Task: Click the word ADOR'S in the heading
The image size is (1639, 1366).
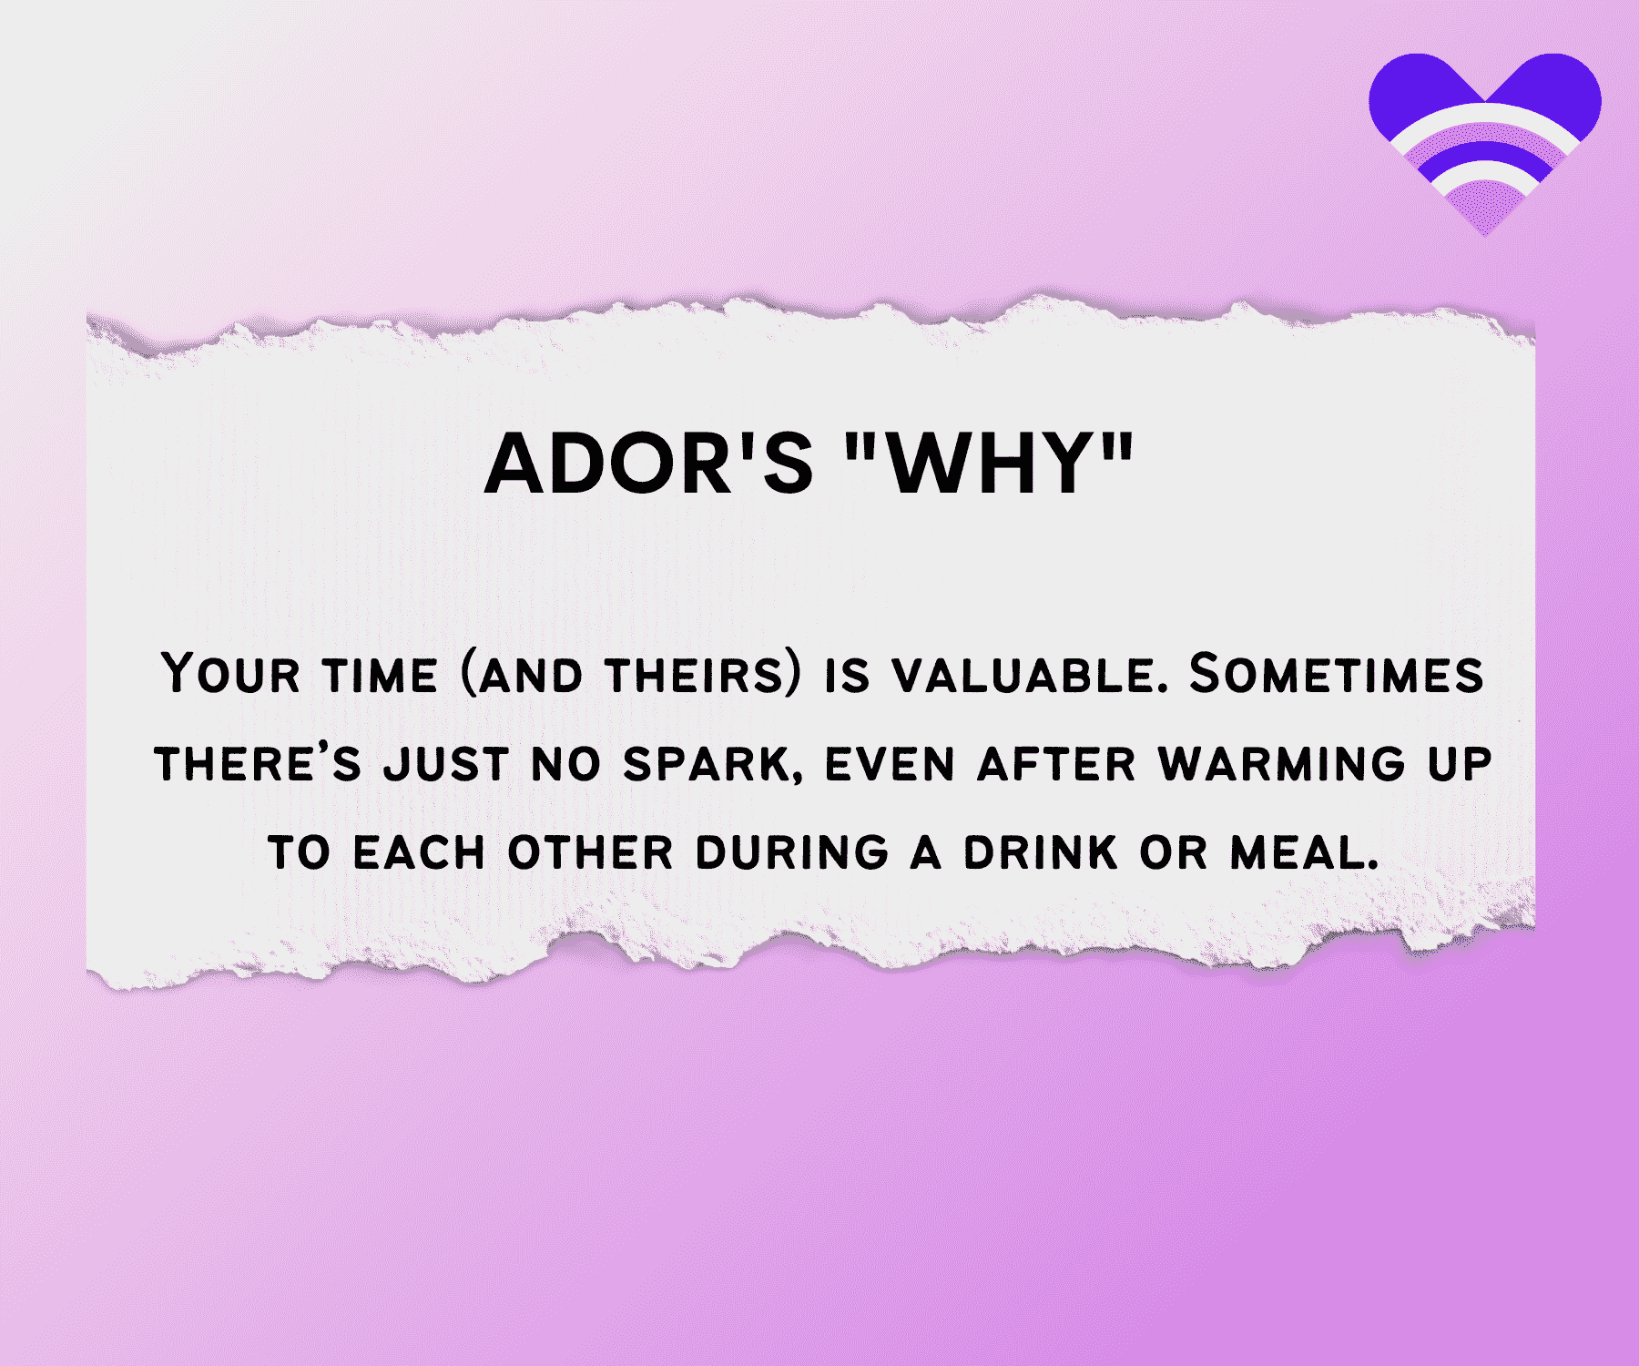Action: [648, 464]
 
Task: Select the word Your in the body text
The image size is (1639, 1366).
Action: [230, 674]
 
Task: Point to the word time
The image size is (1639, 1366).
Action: [380, 676]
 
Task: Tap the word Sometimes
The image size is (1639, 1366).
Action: [1337, 674]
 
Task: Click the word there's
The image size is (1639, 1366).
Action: [258, 763]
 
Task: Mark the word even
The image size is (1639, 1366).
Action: [890, 763]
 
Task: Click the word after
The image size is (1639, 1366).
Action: [1057, 763]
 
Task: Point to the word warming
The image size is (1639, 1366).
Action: [1282, 763]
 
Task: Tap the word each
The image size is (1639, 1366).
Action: [419, 853]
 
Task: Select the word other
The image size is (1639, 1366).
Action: [591, 853]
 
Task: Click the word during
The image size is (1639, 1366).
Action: [792, 853]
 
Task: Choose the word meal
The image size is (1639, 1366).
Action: [1304, 853]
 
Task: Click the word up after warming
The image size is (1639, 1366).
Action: [1460, 763]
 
